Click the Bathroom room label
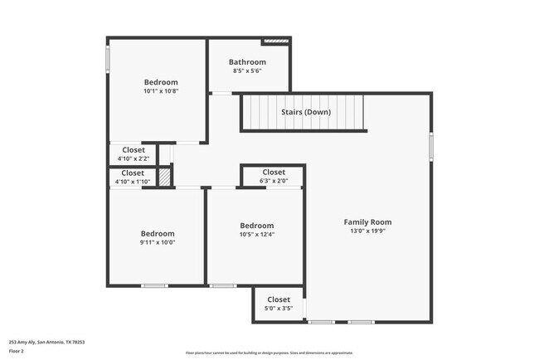click(x=247, y=62)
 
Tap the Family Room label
click(x=367, y=222)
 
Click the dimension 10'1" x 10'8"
click(x=161, y=91)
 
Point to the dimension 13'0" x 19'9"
click(x=367, y=232)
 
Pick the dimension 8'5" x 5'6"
click(x=247, y=72)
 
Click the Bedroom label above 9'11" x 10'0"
click(x=158, y=234)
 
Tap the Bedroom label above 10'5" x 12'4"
click(x=256, y=226)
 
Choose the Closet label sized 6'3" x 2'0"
click(x=273, y=173)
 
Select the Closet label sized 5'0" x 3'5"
click(x=279, y=299)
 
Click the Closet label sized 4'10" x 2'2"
click(x=133, y=150)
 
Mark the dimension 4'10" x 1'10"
click(x=133, y=182)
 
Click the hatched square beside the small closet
click(x=166, y=177)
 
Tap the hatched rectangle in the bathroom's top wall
click(x=275, y=41)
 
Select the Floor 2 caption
click(x=17, y=352)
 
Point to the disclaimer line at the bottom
click(x=269, y=352)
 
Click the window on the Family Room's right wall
click(x=431, y=145)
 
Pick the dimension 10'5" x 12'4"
click(x=256, y=235)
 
